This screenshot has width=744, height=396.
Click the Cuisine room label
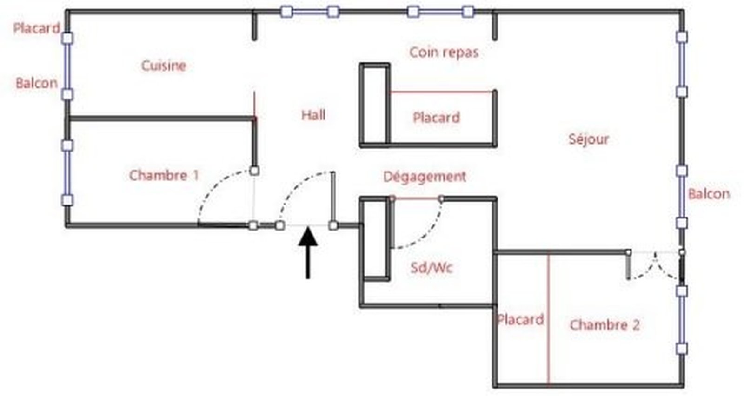(x=163, y=66)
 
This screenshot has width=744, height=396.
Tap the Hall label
(x=313, y=115)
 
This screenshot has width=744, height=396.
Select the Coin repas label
(x=444, y=52)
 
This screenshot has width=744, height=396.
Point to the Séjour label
(x=588, y=139)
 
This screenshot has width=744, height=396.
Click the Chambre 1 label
(x=164, y=175)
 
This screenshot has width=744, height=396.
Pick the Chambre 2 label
(x=604, y=324)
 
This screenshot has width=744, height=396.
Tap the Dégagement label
(x=424, y=177)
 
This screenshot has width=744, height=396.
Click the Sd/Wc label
(x=431, y=267)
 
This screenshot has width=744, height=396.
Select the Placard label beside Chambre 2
(x=520, y=320)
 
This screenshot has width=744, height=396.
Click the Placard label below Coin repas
(x=436, y=117)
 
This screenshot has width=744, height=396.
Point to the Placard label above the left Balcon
(x=36, y=28)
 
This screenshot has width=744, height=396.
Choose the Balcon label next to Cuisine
(x=36, y=83)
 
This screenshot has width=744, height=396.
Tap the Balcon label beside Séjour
(x=709, y=194)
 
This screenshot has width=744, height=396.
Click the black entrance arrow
(x=307, y=251)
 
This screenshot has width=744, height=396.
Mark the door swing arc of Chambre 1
(x=214, y=186)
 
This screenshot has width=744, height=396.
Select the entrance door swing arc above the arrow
(x=298, y=186)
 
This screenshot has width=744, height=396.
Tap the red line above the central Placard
(x=442, y=92)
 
